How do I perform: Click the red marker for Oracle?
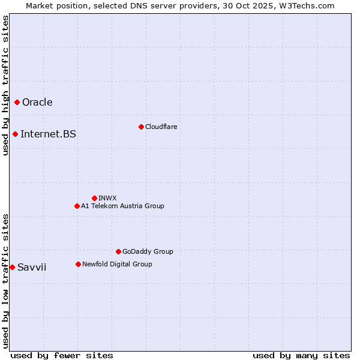tap(17, 102)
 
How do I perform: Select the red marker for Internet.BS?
tap(15, 134)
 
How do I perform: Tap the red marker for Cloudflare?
tap(141, 127)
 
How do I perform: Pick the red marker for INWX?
tap(94, 198)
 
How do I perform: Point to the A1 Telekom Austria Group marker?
tap(77, 206)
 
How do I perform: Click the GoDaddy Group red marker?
tap(118, 251)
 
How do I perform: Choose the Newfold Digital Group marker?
tap(78, 264)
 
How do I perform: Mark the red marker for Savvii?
tap(12, 267)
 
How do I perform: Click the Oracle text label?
tap(37, 102)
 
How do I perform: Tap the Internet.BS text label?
tap(48, 134)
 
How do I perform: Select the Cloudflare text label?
tap(161, 127)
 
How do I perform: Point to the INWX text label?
tap(107, 198)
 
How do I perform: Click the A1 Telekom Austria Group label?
tap(122, 206)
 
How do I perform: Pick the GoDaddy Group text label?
tap(148, 251)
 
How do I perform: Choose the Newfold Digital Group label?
tap(117, 264)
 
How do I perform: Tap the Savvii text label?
tap(32, 267)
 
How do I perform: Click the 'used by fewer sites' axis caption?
tap(62, 355)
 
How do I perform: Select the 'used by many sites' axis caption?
tap(301, 355)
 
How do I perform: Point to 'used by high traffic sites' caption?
tap(5, 85)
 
